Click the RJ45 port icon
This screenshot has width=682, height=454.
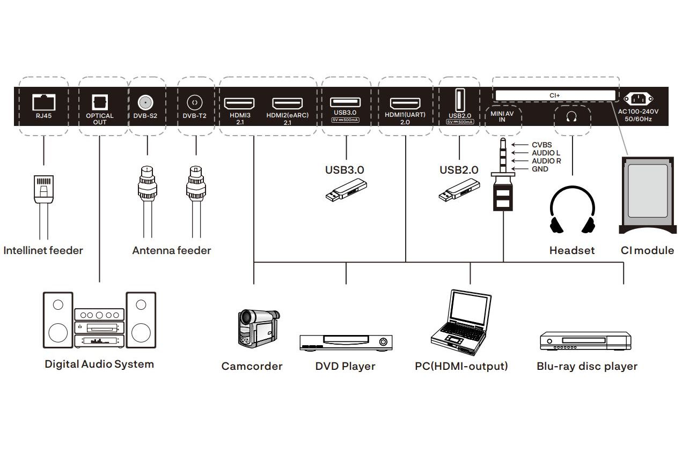pos(43,101)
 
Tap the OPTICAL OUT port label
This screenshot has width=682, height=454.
pos(100,118)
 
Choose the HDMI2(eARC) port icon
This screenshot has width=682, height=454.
pos(287,103)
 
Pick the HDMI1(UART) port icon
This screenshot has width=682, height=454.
pos(405,103)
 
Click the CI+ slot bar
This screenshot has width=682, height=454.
pos(555,95)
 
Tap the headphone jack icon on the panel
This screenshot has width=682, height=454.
pos(571,116)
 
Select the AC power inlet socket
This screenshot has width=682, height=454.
pos(639,99)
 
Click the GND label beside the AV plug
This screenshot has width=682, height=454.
pos(540,169)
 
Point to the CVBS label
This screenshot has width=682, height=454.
pos(541,145)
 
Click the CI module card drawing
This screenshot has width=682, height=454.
pos(647,196)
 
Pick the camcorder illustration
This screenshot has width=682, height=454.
pos(256,327)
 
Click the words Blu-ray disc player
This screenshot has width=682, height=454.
pos(587,367)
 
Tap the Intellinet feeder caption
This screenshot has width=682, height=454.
pos(43,250)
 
